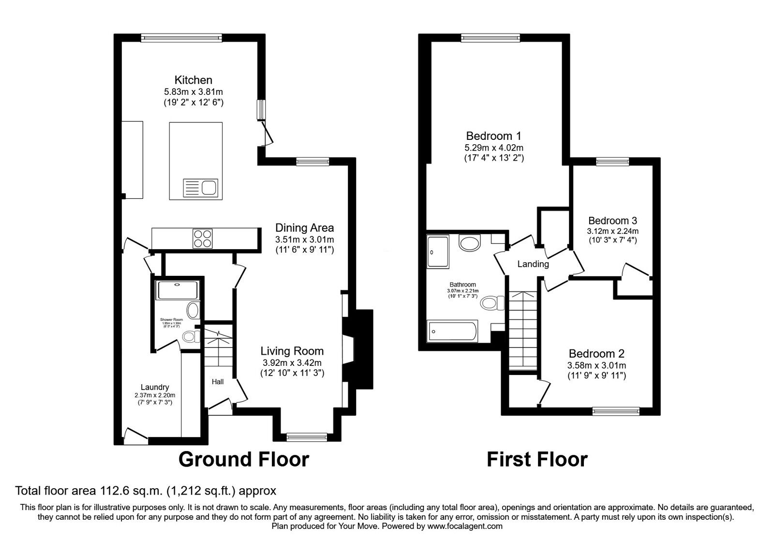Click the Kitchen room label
tap(193, 80)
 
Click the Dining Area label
tap(304, 227)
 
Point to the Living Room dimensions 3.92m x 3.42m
tap(292, 362)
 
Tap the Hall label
tap(218, 382)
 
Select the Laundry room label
tap(155, 387)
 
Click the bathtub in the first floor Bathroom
tap(453, 331)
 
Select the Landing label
tap(533, 264)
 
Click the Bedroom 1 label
tap(493, 135)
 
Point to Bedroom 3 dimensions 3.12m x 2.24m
tap(612, 231)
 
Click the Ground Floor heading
tap(243, 459)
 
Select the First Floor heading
tap(537, 459)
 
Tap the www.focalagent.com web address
tap(464, 526)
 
